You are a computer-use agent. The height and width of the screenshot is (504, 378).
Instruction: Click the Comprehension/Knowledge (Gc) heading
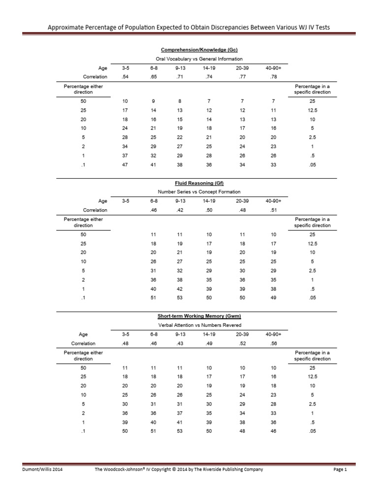point(196,50)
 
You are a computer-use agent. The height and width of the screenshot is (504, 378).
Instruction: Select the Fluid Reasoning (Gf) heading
point(196,183)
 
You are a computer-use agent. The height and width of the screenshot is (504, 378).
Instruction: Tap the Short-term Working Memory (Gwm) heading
point(196,316)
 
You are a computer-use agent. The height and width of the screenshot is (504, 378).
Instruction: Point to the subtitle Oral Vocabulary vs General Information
point(196,59)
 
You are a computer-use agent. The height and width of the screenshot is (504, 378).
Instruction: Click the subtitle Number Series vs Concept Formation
point(196,192)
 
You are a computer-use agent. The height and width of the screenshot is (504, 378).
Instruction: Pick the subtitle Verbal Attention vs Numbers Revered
point(196,325)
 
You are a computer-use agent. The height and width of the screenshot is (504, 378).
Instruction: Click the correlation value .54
point(125,77)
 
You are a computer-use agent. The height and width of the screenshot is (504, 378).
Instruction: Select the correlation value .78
point(270,77)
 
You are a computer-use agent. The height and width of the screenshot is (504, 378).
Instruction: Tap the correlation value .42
point(180,210)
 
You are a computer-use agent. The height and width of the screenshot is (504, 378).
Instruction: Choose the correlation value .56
point(270,344)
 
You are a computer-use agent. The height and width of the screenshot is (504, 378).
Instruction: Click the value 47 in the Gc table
point(125,165)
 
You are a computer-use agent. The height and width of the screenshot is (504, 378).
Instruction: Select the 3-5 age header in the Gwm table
point(125,334)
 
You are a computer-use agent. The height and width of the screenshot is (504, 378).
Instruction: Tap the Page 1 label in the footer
point(340,470)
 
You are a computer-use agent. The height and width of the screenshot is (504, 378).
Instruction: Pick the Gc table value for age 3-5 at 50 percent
point(125,101)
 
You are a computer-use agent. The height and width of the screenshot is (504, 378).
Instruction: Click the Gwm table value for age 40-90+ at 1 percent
point(270,423)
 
